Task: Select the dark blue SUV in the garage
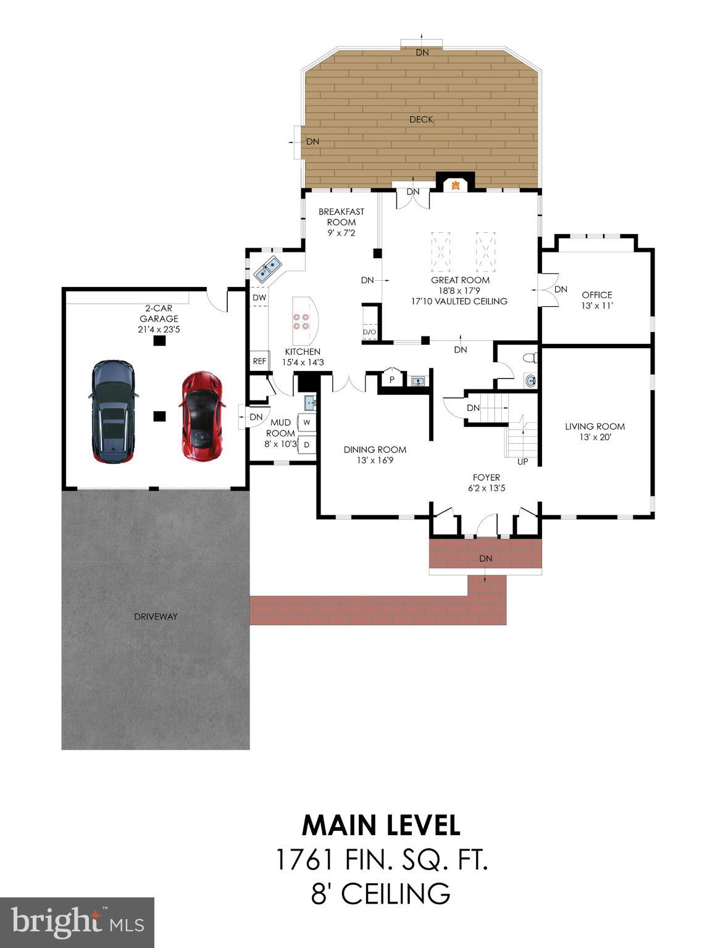113,412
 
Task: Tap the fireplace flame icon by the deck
456,185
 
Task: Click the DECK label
421,119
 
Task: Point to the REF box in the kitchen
259,361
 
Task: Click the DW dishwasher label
259,297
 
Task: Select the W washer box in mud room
307,423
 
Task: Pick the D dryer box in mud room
307,444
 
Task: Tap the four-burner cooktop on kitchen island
301,321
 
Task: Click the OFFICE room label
596,295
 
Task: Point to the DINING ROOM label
375,449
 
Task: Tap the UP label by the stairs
522,461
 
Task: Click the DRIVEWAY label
156,616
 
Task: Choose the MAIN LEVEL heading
381,825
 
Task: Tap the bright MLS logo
77,923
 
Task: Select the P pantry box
391,380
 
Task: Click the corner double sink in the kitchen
267,269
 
